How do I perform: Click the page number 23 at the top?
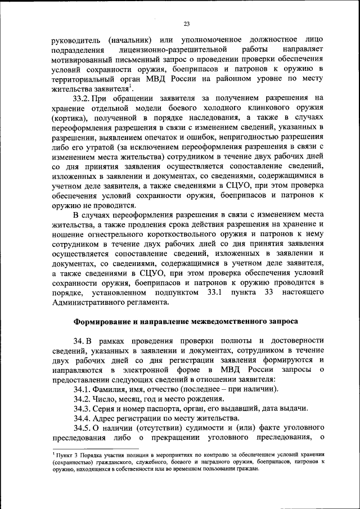tap(187, 24)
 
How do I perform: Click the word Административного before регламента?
tap(94, 303)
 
